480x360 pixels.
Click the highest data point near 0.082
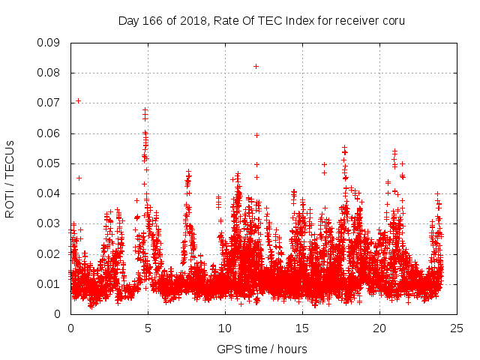pos(256,66)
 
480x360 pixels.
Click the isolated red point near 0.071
pos(78,100)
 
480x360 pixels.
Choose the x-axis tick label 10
pos(225,328)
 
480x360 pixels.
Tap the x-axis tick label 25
pos(457,328)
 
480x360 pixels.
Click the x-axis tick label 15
pos(302,328)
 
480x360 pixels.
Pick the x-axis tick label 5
pos(148,328)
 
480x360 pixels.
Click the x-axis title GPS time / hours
pos(262,349)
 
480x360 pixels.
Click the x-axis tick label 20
pos(379,328)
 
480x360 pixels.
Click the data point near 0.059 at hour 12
pos(256,135)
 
